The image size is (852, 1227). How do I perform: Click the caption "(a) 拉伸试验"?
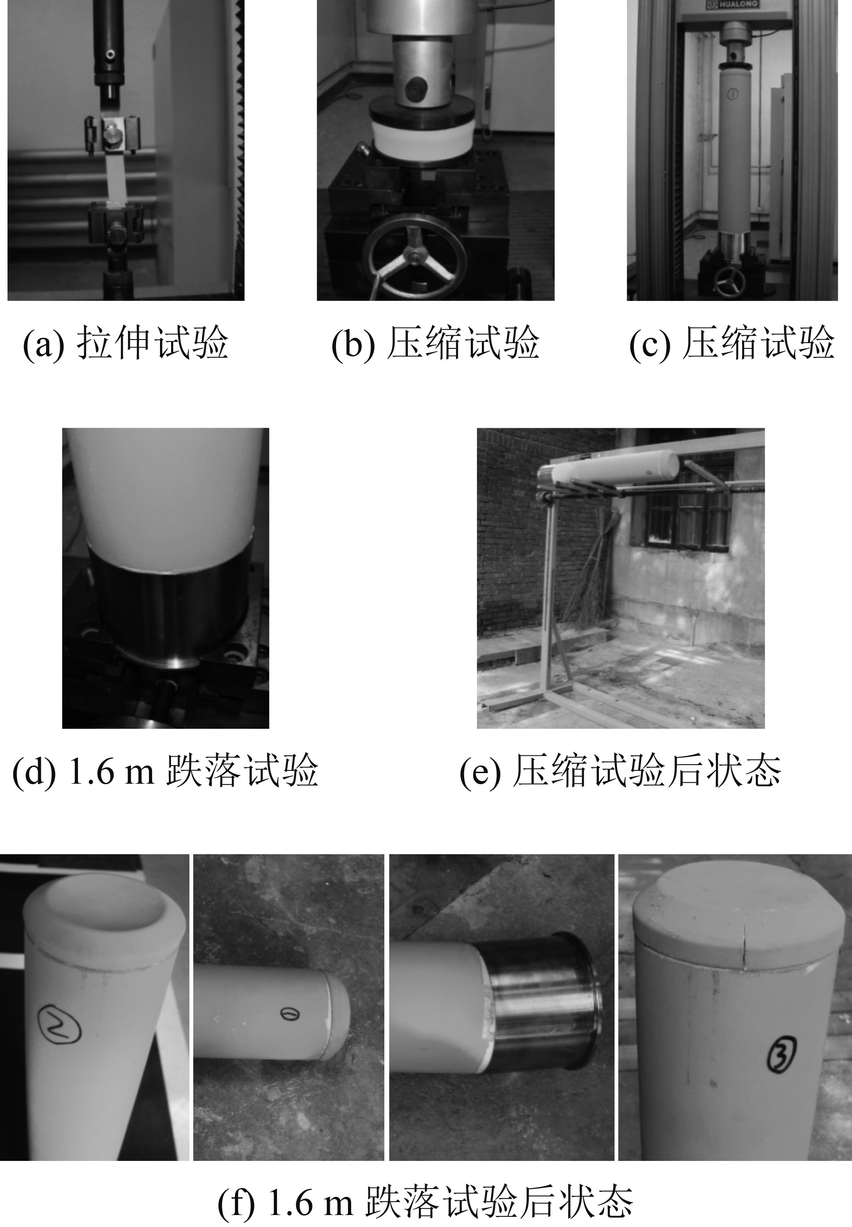pyautogui.click(x=125, y=343)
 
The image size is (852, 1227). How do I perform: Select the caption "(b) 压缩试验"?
pyautogui.click(x=435, y=343)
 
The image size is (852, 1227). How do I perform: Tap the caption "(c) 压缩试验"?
pyautogui.click(x=731, y=343)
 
